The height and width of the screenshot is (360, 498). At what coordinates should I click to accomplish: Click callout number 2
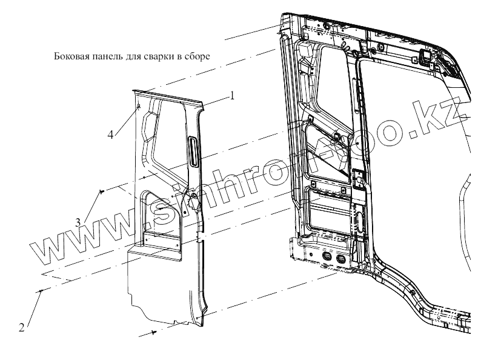tap(22, 328)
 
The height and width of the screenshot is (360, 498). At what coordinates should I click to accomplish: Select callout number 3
tap(78, 221)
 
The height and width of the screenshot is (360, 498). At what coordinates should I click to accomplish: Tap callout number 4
tap(111, 134)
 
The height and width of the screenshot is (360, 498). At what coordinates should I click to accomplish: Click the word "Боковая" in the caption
tap(68, 58)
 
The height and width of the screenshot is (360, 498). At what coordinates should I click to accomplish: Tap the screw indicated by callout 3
tap(101, 192)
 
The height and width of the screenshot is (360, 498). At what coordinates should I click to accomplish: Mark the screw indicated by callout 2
tap(41, 292)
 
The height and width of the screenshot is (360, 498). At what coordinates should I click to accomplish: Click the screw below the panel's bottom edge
tap(155, 332)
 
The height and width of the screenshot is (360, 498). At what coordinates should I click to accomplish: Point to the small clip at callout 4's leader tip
tap(139, 107)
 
